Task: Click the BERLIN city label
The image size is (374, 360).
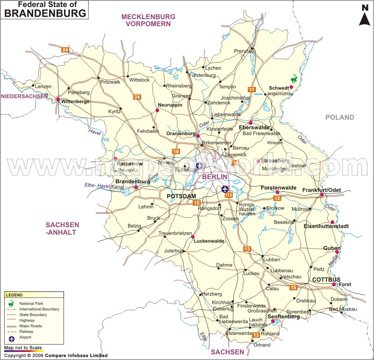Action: pos(215,177)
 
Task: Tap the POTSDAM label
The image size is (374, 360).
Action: pos(181,196)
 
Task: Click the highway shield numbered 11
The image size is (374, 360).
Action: pos(252,89)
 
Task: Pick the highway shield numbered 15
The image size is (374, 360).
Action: pos(293,287)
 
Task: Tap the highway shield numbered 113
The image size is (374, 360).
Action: pos(229,195)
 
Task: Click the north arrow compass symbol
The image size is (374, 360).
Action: pos(364,15)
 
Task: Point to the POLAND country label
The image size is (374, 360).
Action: pos(340,117)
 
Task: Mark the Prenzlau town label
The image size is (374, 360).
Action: pos(244,50)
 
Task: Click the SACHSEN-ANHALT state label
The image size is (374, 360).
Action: pos(62,228)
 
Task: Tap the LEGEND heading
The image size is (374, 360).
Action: pos(14,295)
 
